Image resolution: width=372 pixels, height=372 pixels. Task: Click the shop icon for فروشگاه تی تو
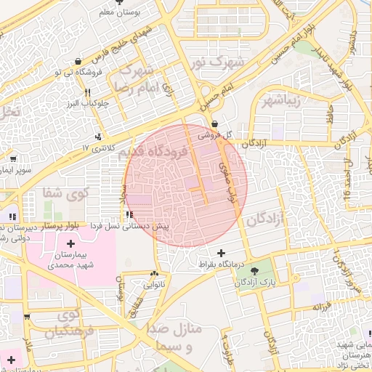(x=78, y=60)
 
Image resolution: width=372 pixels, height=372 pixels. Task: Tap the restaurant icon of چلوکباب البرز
(x=88, y=92)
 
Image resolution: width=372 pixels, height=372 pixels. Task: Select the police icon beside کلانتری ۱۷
(x=99, y=136)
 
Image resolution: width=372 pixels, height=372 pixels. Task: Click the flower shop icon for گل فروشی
(x=214, y=124)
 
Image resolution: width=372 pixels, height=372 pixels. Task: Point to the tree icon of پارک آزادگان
(x=254, y=272)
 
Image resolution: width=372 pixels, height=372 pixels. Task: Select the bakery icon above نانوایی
(x=153, y=274)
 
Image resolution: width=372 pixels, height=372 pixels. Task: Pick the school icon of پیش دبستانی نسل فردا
(x=129, y=215)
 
